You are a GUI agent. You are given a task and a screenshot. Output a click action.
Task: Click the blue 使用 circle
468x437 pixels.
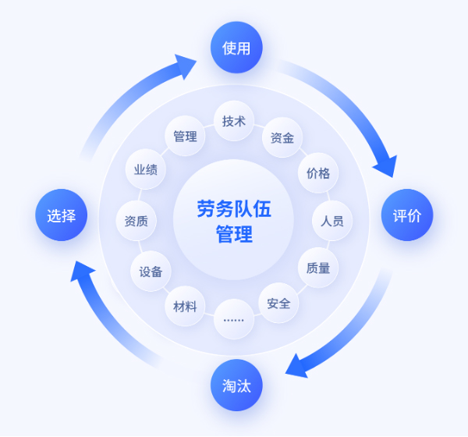[x=236, y=48]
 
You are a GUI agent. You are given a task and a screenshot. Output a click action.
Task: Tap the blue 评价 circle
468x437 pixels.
[x=406, y=215]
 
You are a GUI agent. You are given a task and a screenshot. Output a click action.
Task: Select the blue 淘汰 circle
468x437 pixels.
[x=236, y=385]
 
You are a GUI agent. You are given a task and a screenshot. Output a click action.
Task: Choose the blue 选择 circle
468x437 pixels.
[x=61, y=215]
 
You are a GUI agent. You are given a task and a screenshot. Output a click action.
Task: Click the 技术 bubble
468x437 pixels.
[x=234, y=121]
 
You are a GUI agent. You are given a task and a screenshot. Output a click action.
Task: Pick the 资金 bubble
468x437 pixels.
[x=282, y=138]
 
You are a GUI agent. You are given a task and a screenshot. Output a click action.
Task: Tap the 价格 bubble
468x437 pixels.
[x=318, y=172]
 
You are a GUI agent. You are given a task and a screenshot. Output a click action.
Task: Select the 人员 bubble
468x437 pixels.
[x=331, y=221]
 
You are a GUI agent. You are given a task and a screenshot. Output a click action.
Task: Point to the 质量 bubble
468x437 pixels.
[x=318, y=268]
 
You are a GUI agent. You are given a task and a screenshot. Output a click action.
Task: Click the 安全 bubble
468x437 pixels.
[x=278, y=304]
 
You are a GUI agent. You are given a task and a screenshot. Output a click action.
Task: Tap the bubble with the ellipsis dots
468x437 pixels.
[x=233, y=319]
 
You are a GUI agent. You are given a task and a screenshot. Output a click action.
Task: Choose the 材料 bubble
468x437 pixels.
[x=185, y=305]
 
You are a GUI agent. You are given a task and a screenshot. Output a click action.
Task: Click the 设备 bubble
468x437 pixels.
[x=151, y=272]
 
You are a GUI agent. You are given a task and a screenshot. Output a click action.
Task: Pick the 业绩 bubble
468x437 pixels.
[x=145, y=169]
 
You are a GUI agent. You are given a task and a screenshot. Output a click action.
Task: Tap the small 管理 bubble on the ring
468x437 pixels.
[x=185, y=137]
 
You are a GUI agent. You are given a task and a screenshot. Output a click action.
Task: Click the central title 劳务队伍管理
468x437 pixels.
[x=234, y=221]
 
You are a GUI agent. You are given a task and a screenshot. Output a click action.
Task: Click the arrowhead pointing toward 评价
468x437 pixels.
[x=385, y=165]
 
